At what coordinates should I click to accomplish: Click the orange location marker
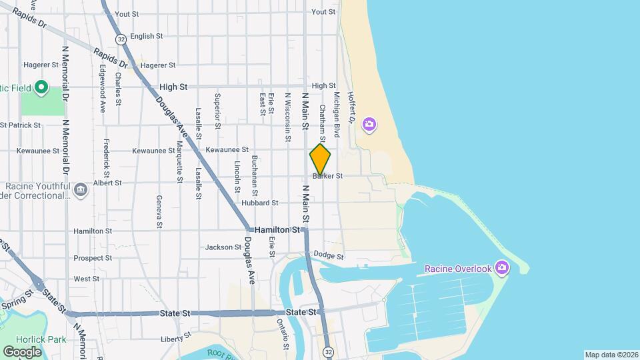click(320, 159)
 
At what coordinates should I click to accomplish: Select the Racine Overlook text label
click(458, 269)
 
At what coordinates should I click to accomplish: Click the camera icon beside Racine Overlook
click(503, 268)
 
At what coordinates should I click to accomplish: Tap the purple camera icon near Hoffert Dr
click(369, 125)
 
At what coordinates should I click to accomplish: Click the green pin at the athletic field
click(41, 87)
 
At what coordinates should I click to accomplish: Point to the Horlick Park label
click(47, 339)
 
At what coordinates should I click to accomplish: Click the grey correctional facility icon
click(81, 190)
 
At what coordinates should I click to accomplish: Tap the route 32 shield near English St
click(121, 40)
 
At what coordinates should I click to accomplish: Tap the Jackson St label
click(223, 247)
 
